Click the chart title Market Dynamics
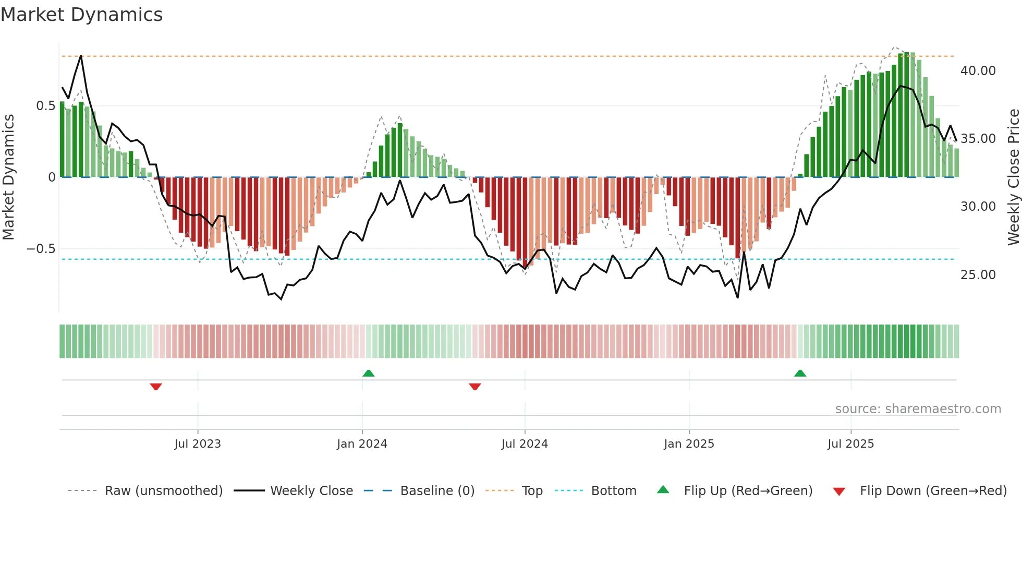coord(81,15)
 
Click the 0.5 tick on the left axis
coord(45,106)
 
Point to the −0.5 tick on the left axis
coord(41,249)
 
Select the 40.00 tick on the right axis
coord(978,71)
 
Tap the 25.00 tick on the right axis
coord(978,275)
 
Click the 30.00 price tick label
coord(978,207)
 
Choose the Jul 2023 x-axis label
coord(198,444)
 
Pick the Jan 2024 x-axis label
coord(362,444)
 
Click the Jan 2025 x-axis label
coord(689,444)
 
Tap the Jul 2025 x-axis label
coord(850,444)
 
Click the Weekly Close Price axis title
coord(1013,177)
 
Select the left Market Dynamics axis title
coord(8,177)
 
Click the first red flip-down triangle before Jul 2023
coord(156,387)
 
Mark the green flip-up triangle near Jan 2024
coord(369,373)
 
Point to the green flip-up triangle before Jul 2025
coord(800,373)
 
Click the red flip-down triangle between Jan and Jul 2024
coord(475,387)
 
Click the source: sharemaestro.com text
coord(918,409)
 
